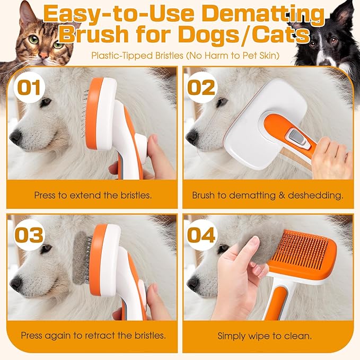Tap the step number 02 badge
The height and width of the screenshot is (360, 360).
[201, 86]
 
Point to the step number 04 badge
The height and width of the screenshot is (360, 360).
[202, 234]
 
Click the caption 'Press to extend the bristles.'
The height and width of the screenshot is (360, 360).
[93, 195]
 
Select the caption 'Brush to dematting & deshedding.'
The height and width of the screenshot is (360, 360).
[267, 195]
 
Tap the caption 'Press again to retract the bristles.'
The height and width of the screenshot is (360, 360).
[93, 336]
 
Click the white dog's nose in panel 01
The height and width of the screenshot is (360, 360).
[16, 137]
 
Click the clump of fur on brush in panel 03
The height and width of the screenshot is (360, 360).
[82, 255]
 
